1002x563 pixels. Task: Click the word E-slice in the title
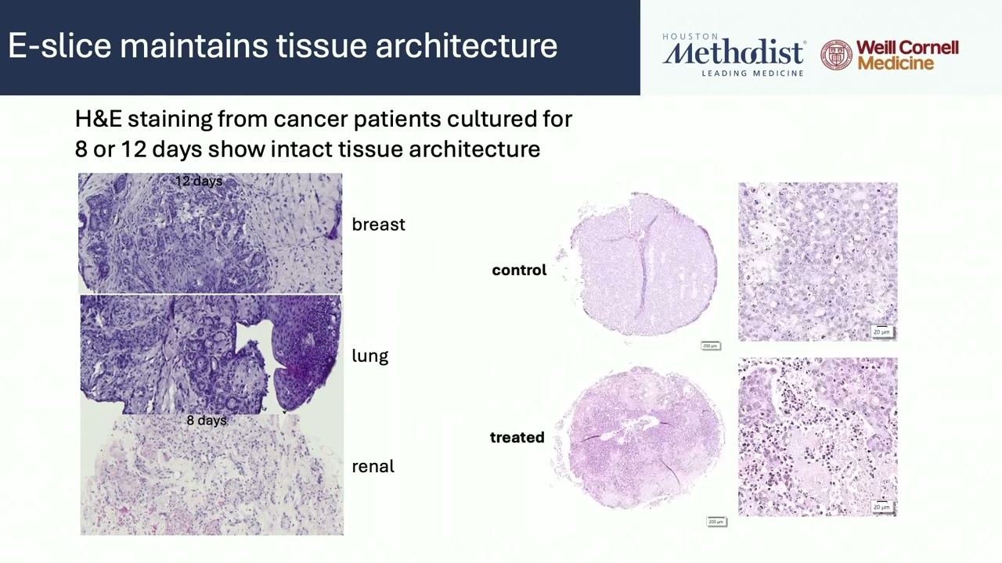(59, 46)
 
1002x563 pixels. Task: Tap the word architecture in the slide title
(466, 46)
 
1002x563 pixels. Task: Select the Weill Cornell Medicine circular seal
(836, 56)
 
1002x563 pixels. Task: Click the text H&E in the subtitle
(99, 119)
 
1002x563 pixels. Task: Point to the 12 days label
(199, 181)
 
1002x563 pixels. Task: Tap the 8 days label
(207, 421)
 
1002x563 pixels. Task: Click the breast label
(378, 224)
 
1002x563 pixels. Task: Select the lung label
(369, 356)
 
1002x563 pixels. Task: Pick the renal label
(373, 466)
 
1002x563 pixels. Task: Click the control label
(519, 270)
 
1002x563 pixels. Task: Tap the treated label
(517, 437)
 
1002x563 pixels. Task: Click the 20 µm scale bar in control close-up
(881, 332)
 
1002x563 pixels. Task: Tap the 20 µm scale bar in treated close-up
(881, 507)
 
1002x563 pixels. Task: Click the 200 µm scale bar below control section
(710, 346)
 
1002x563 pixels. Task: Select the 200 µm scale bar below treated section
(715, 522)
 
